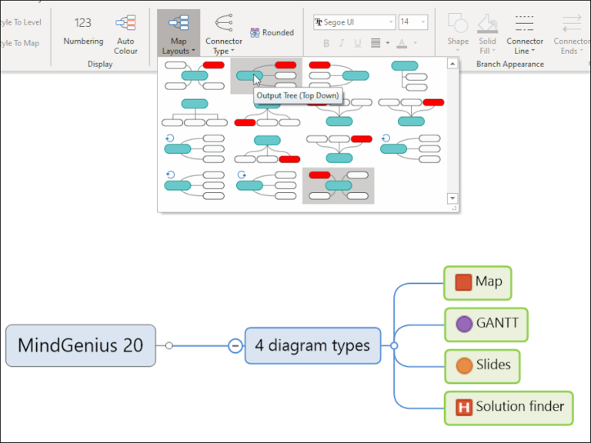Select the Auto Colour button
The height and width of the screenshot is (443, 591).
point(125,34)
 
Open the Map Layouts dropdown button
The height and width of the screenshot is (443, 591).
point(178,35)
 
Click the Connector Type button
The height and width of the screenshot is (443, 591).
point(223,35)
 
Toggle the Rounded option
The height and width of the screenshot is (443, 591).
point(272,33)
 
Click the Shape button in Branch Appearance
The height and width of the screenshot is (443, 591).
point(458,34)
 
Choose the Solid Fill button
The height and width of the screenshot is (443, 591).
point(487,34)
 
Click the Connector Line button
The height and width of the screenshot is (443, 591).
point(525,34)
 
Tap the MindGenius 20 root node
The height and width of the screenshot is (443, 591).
point(80,345)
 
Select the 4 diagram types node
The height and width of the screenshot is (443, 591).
point(312,345)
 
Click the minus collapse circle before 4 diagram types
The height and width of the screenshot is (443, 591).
point(235,346)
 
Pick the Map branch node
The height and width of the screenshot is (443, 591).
point(477,282)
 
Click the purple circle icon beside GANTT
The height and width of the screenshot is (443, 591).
point(463,324)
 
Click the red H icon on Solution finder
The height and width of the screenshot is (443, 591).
point(463,407)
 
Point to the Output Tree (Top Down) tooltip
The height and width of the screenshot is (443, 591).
point(298,96)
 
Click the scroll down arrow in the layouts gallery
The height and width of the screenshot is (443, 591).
point(452,198)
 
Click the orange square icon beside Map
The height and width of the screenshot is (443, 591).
point(463,282)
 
